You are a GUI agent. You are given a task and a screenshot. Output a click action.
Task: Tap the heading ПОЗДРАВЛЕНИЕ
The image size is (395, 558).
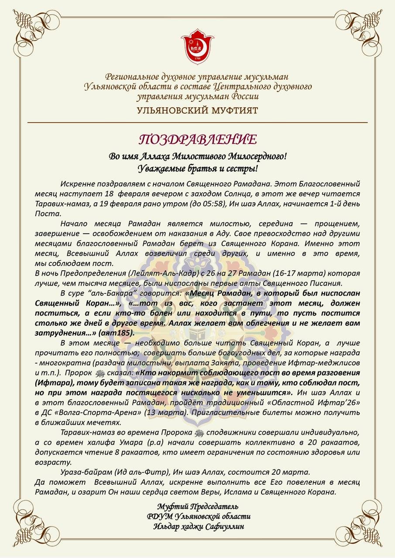[x=197, y=139]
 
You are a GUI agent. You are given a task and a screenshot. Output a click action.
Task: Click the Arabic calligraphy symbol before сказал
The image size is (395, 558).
[x=100, y=373]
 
